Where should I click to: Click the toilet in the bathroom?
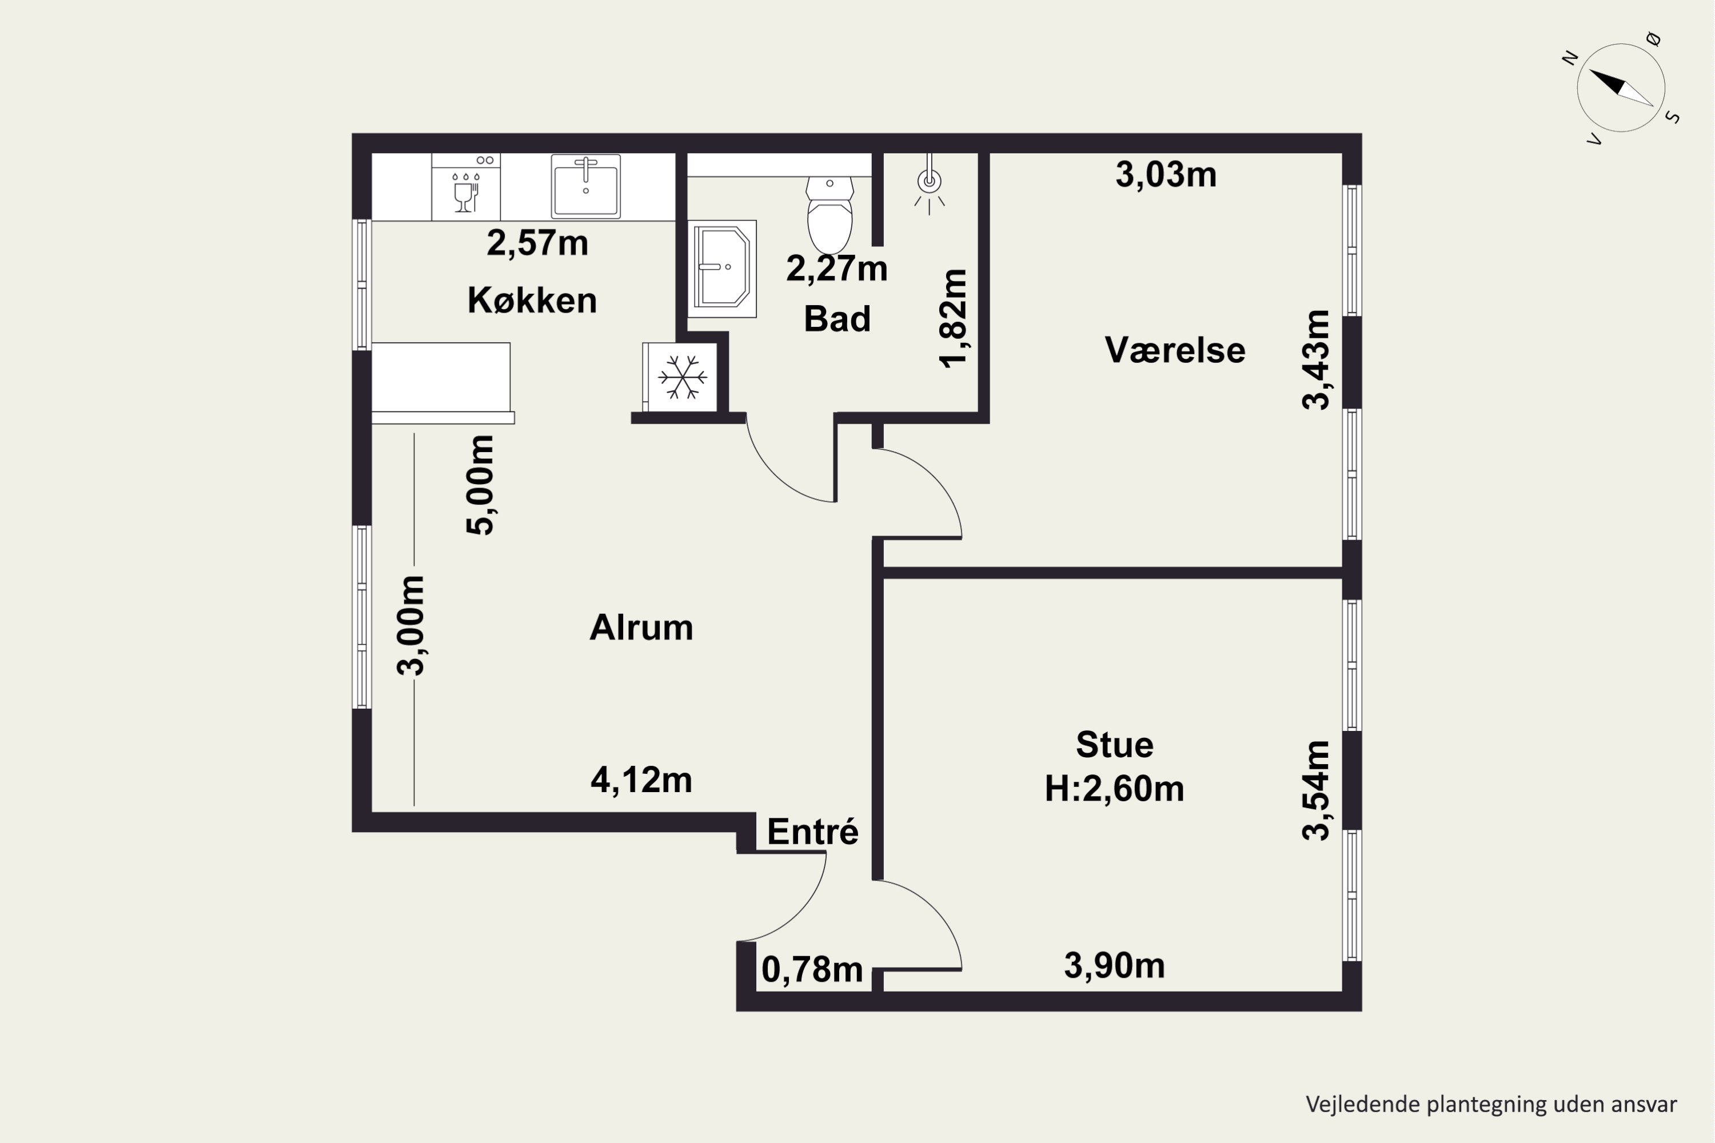click(x=830, y=215)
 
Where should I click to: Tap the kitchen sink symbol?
click(x=585, y=187)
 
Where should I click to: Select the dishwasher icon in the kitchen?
click(x=465, y=187)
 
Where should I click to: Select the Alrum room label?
click(x=641, y=628)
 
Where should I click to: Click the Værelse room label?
click(x=1175, y=350)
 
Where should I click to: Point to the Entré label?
click(x=813, y=832)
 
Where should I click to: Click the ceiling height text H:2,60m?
click(x=1114, y=789)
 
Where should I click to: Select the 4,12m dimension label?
click(x=641, y=781)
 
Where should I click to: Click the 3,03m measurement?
click(x=1166, y=175)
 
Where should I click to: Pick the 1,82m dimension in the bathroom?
click(x=953, y=318)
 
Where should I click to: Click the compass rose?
click(x=1621, y=87)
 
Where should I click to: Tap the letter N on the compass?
click(x=1570, y=58)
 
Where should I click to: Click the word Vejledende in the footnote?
click(x=1353, y=1104)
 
